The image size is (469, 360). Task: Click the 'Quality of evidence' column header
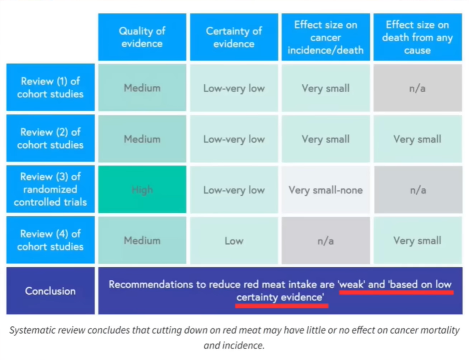click(x=142, y=37)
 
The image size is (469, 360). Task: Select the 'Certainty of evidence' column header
click(x=234, y=37)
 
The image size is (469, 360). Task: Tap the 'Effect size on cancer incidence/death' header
click(x=325, y=37)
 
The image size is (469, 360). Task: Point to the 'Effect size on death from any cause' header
click(x=417, y=37)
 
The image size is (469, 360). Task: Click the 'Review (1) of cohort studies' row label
click(x=50, y=87)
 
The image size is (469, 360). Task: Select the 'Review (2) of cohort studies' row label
click(x=50, y=139)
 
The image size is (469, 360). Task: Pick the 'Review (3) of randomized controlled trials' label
click(x=50, y=189)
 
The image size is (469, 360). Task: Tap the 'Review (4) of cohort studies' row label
click(x=50, y=240)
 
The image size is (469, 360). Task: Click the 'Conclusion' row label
click(x=50, y=291)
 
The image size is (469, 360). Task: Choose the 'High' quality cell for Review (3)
click(x=142, y=190)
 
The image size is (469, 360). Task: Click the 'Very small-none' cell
click(x=325, y=190)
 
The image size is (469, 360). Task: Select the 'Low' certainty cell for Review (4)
click(x=234, y=241)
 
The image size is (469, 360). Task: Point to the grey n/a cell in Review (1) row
click(x=417, y=88)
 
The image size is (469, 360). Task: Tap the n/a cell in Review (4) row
click(x=325, y=241)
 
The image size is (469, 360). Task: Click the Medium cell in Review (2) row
click(x=142, y=139)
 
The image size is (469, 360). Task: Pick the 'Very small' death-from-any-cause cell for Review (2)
click(x=417, y=139)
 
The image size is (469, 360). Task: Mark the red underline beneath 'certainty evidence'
click(x=281, y=306)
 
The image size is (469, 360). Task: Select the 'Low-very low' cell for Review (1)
click(x=234, y=88)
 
